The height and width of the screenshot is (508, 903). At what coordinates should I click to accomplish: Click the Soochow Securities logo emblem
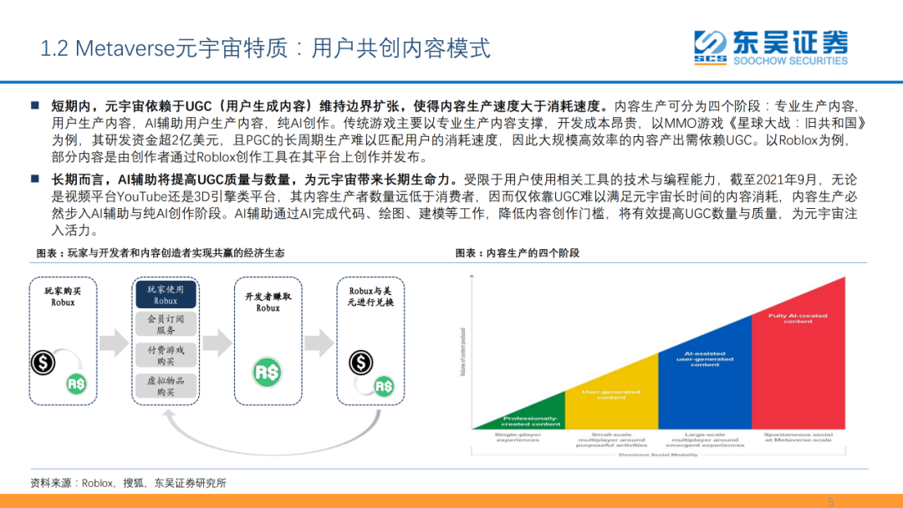point(709,47)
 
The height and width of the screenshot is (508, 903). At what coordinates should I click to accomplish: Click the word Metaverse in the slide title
point(124,48)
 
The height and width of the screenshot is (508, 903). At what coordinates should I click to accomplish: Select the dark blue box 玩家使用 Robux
point(166,294)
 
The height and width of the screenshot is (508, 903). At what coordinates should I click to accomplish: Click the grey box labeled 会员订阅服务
point(166,324)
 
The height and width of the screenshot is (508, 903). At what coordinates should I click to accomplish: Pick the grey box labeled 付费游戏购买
point(166,355)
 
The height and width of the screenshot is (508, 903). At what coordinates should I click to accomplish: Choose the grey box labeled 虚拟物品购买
point(166,385)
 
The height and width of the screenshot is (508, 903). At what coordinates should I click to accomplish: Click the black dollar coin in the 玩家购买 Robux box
point(43,363)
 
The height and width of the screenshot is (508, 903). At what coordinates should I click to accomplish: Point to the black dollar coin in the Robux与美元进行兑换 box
point(361,363)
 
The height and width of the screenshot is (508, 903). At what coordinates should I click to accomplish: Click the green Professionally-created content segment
point(532,420)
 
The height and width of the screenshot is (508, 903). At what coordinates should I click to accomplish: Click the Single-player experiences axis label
point(518,438)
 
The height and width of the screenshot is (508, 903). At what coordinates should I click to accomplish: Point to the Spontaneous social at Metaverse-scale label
point(798,438)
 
